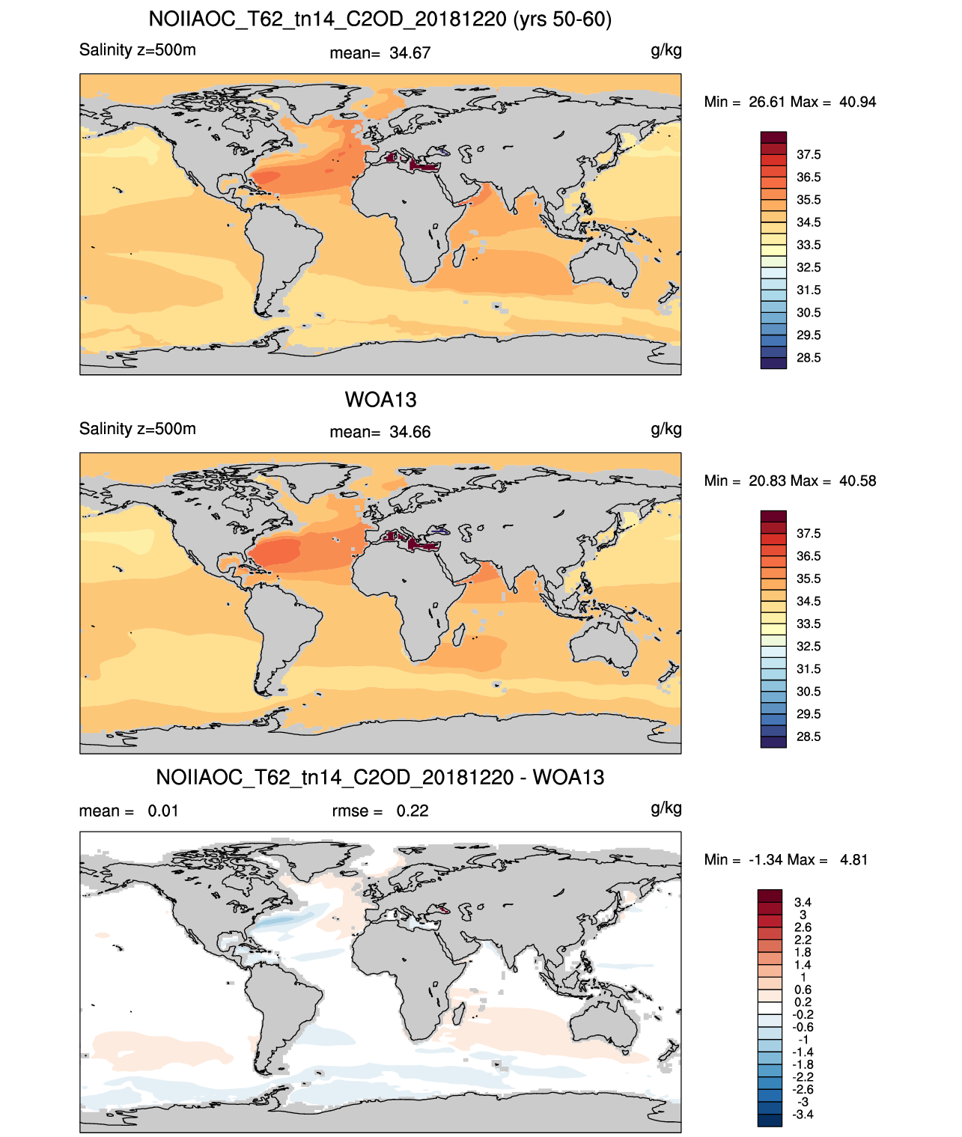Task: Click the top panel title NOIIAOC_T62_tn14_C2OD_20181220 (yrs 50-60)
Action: pyautogui.click(x=380, y=19)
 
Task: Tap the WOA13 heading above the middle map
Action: pyautogui.click(x=380, y=400)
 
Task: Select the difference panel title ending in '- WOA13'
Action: pyautogui.click(x=380, y=777)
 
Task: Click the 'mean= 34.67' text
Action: pyautogui.click(x=380, y=53)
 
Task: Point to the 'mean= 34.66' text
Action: pyautogui.click(x=380, y=433)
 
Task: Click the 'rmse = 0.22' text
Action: pyautogui.click(x=380, y=811)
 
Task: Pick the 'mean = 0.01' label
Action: pyautogui.click(x=129, y=811)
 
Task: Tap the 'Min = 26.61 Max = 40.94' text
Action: pyautogui.click(x=790, y=102)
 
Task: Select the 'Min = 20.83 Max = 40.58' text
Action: pyautogui.click(x=790, y=481)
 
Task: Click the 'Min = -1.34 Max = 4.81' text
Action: pyautogui.click(x=786, y=860)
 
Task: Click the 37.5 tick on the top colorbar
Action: pyautogui.click(x=809, y=155)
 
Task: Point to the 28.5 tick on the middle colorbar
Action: pyautogui.click(x=809, y=737)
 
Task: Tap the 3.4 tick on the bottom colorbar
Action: pyautogui.click(x=803, y=902)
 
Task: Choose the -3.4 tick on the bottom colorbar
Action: pyautogui.click(x=803, y=1115)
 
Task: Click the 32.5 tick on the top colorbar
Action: pyautogui.click(x=809, y=267)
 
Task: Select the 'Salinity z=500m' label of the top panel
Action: pyautogui.click(x=138, y=50)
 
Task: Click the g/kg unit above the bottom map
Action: pyautogui.click(x=666, y=808)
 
